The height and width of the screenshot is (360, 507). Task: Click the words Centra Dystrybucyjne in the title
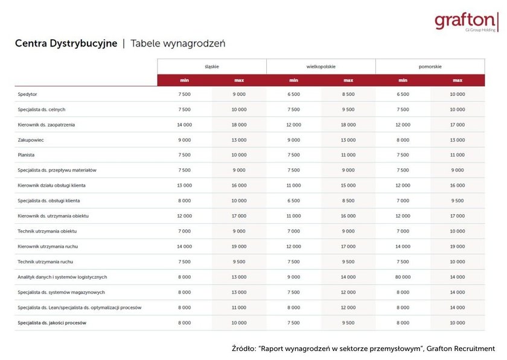pyautogui.click(x=66, y=43)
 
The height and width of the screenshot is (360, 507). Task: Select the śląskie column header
pyautogui.click(x=211, y=66)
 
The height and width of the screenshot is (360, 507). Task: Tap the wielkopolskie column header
pyautogui.click(x=320, y=66)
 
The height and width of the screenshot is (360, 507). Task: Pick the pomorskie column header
pyautogui.click(x=430, y=66)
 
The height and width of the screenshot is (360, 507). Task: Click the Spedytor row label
pyautogui.click(x=27, y=94)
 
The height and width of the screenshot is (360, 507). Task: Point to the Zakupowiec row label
pyautogui.click(x=31, y=140)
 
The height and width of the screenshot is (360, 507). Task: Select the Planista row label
pyautogui.click(x=27, y=155)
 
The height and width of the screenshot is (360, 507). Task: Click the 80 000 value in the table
pyautogui.click(x=403, y=277)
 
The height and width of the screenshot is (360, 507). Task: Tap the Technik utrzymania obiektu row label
pyautogui.click(x=47, y=231)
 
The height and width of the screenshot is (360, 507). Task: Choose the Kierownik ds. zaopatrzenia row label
pyautogui.click(x=46, y=125)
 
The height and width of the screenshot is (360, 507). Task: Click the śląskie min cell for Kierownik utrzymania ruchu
pyautogui.click(x=184, y=246)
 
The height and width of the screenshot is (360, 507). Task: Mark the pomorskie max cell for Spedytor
pyautogui.click(x=457, y=94)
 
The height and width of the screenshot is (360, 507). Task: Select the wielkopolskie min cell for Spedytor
pyautogui.click(x=293, y=94)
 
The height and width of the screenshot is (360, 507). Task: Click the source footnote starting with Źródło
pyautogui.click(x=363, y=349)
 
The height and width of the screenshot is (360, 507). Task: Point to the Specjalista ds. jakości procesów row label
pyautogui.click(x=52, y=323)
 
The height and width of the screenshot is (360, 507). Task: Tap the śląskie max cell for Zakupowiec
pyautogui.click(x=239, y=140)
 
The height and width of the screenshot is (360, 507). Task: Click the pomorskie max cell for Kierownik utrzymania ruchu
pyautogui.click(x=457, y=246)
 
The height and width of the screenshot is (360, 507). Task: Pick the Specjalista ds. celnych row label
pyautogui.click(x=42, y=109)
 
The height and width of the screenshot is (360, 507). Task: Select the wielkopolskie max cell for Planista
pyautogui.click(x=348, y=155)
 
